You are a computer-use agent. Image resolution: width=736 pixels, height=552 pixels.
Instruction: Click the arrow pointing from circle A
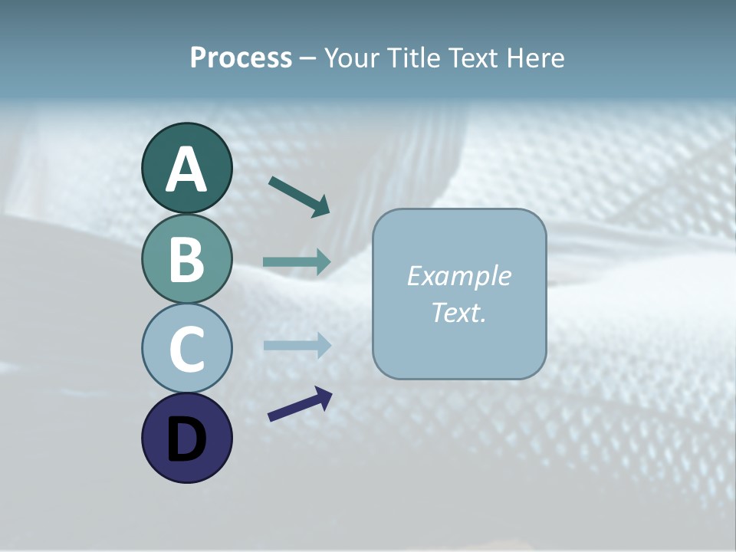pyautogui.click(x=300, y=196)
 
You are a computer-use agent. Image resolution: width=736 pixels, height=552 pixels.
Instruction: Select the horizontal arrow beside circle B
pyautogui.click(x=297, y=262)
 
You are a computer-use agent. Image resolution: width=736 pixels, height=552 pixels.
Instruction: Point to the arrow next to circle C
pyautogui.click(x=297, y=345)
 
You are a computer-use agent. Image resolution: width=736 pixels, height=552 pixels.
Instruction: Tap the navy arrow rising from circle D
pyautogui.click(x=300, y=404)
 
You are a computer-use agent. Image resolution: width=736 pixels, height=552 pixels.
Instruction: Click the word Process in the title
pyautogui.click(x=241, y=58)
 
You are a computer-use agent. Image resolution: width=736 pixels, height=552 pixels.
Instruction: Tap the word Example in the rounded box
pyautogui.click(x=459, y=276)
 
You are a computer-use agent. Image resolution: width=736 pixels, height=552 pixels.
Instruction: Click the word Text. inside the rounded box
pyautogui.click(x=459, y=312)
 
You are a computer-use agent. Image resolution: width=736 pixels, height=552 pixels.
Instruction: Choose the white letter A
pyautogui.click(x=186, y=169)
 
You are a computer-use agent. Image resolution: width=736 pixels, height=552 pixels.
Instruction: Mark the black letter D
pyautogui.click(x=186, y=439)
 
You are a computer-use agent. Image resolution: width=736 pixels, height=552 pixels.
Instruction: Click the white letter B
pyautogui.click(x=186, y=259)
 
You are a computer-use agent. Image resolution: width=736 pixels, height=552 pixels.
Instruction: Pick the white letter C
pyautogui.click(x=186, y=350)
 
